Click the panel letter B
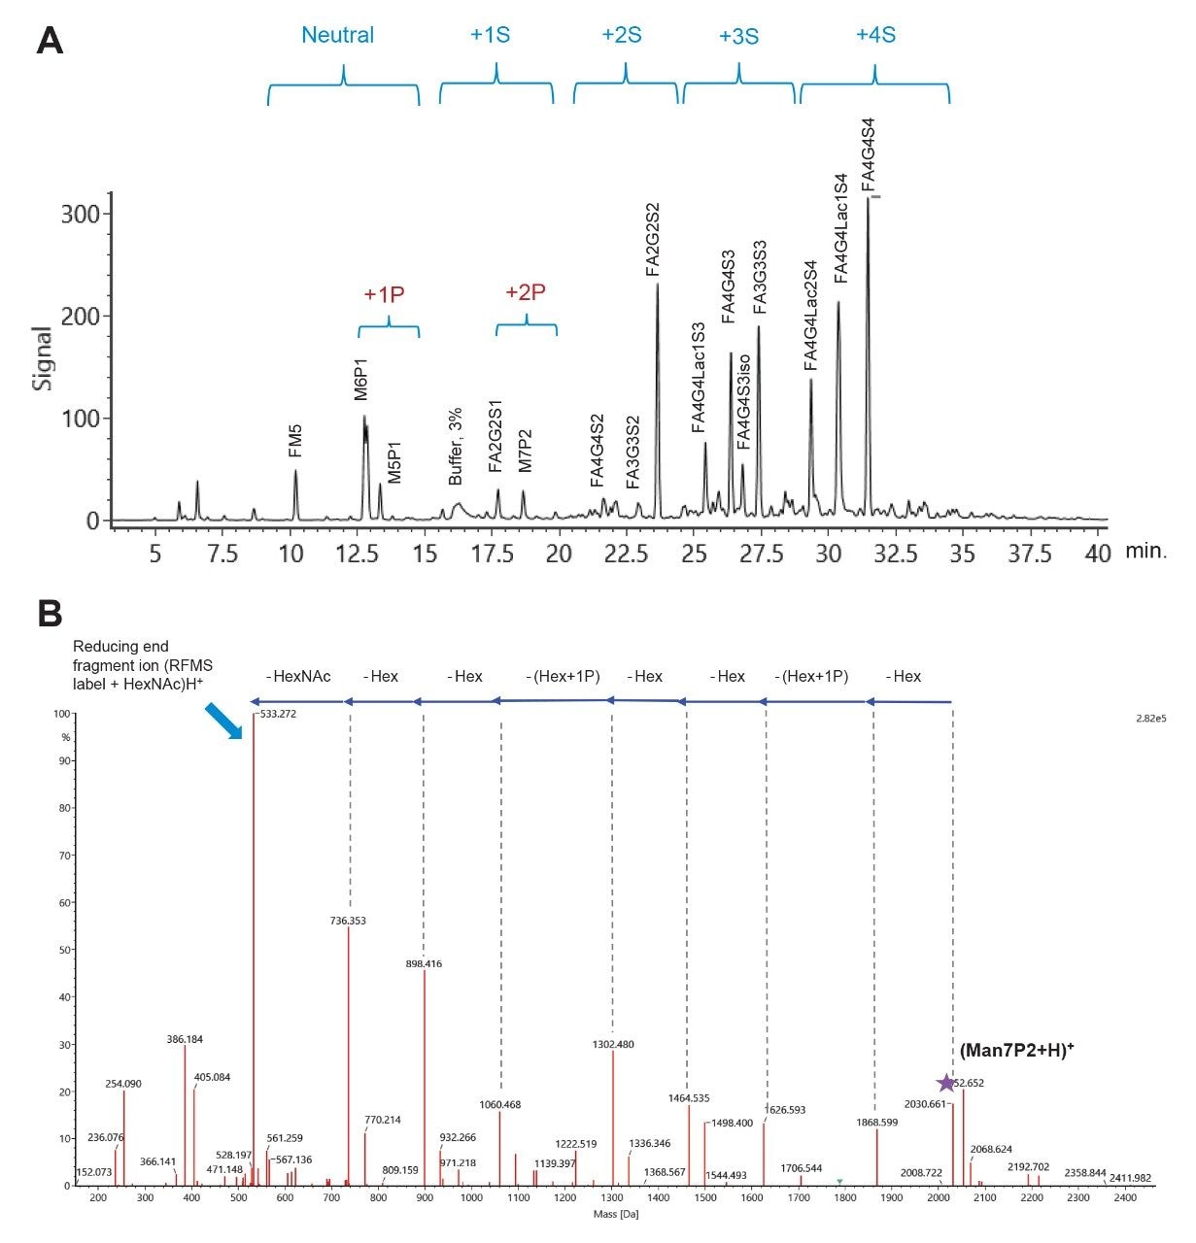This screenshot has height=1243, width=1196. click(50, 614)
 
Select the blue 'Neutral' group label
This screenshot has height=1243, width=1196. click(337, 35)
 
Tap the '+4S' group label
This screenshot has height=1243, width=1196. click(874, 35)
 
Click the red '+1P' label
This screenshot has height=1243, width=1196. click(384, 294)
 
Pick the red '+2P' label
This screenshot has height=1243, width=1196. click(526, 292)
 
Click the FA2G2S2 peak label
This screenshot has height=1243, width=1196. click(653, 240)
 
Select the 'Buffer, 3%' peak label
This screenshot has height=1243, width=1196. click(456, 447)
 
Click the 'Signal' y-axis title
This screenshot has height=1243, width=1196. click(44, 358)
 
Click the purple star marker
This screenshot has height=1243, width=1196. click(945, 1083)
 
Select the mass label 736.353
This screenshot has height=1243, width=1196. click(348, 920)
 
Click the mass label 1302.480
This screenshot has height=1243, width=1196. click(612, 1044)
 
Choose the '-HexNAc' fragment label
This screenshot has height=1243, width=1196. click(301, 676)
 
